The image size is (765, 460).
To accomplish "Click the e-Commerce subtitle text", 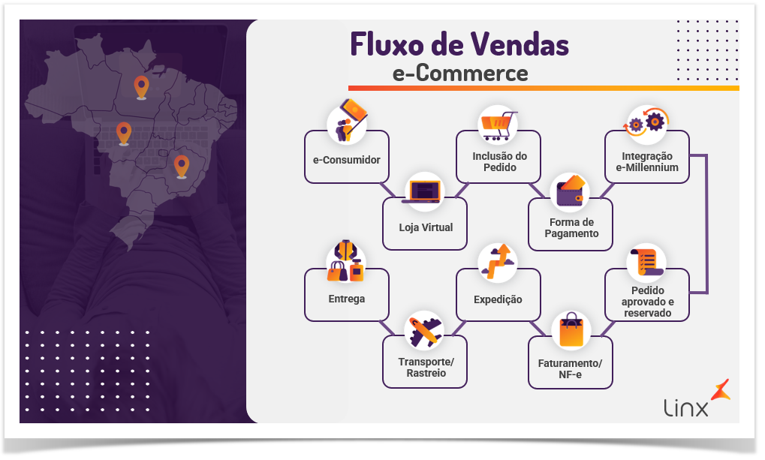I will pos(459,73).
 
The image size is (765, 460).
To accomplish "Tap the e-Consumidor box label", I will pos(346,160).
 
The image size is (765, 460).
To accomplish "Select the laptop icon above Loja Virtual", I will pos(424,191).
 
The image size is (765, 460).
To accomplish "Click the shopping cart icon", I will pos(498,124).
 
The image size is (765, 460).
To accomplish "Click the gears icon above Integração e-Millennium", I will pos(646,123).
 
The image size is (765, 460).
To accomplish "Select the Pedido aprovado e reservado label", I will pos(647,301).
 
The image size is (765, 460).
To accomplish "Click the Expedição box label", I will pos(498,299).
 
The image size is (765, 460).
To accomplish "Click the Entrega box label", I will pos(346,299).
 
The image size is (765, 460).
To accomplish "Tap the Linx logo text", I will pos(685,408).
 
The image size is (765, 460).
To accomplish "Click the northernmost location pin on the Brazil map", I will pos(140,87).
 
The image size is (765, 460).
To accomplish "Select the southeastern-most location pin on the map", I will pos(181,165).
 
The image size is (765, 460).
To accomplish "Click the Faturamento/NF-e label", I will pos(571,368).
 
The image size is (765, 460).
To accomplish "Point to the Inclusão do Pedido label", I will pos(499,161).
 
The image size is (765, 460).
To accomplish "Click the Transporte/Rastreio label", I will pos(426,367).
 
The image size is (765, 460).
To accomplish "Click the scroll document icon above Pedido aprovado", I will pos(646,263).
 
